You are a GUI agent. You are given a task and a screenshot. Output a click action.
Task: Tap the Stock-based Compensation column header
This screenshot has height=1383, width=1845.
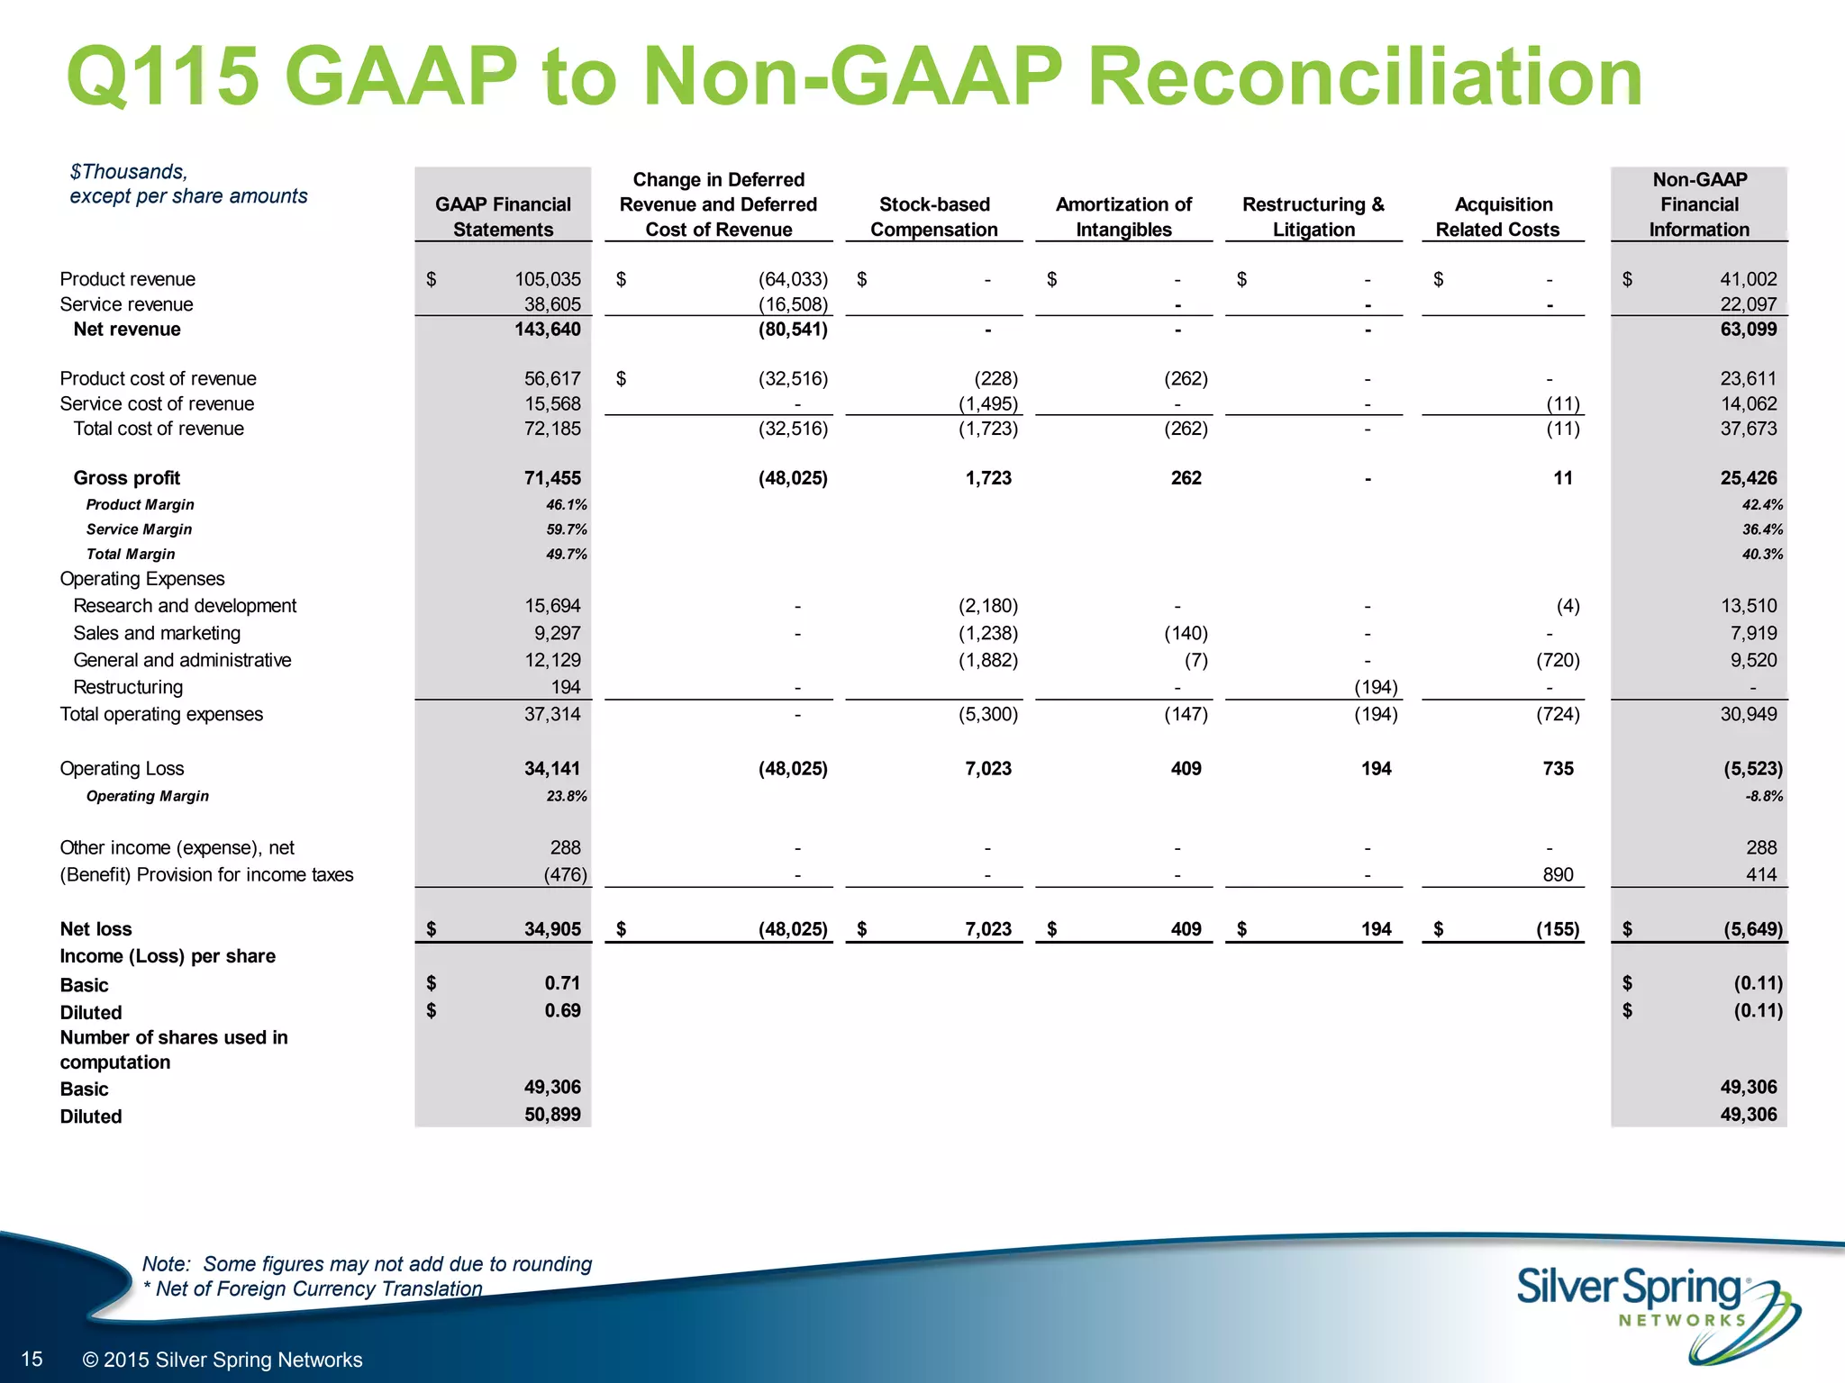point(933,217)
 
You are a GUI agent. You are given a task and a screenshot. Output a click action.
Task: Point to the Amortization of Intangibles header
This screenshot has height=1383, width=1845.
point(1123,217)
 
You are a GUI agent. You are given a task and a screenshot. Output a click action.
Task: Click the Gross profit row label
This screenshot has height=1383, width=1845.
point(126,478)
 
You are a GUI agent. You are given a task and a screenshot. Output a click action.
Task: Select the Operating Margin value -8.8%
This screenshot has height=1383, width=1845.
point(1763,796)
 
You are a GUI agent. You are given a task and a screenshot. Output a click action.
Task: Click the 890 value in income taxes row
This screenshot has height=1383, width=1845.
point(1558,875)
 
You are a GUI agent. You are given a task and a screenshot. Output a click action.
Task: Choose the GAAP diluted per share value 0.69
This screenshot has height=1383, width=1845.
point(562,1010)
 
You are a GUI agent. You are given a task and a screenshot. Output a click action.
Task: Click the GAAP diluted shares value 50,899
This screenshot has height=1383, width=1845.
point(552,1115)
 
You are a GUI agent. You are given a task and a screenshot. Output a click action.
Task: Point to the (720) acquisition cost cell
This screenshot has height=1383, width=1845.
point(1558,660)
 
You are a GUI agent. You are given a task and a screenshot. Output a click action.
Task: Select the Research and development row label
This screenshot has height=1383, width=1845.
point(185,606)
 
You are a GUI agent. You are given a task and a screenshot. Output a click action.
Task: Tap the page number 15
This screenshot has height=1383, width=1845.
point(32,1359)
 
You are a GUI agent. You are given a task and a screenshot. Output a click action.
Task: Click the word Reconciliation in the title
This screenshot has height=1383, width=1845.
point(1365,77)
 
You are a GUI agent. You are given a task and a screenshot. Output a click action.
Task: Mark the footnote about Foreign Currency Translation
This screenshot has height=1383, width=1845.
point(313,1288)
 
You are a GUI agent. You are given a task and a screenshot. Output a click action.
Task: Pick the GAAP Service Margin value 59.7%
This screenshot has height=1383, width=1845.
point(566,529)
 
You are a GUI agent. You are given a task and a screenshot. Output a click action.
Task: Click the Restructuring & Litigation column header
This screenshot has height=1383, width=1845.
point(1313,217)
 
